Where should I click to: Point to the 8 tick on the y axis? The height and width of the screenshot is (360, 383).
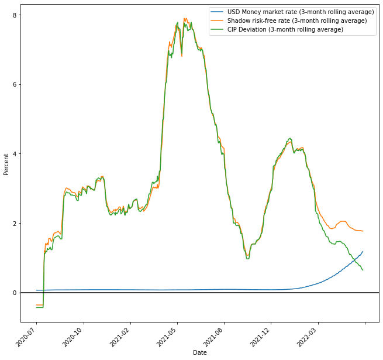coord(15,15)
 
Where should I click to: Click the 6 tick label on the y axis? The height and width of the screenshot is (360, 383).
coord(15,84)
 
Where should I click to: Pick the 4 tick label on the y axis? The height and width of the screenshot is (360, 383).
coord(15,154)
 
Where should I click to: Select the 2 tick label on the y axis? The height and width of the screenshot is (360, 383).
coord(15,223)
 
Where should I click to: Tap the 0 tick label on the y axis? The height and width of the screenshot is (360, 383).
coord(15,293)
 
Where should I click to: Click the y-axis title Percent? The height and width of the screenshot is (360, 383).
coord(6,164)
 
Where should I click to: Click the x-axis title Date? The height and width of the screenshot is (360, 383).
coord(200,352)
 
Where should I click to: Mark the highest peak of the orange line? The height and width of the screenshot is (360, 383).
coord(185,18)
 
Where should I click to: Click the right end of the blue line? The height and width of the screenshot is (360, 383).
coord(363,252)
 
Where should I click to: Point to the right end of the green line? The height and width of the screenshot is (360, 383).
coord(363,270)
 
